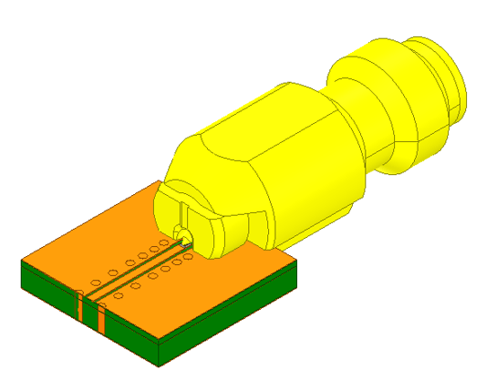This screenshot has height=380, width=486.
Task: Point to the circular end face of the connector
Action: pyautogui.click(x=456, y=82)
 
